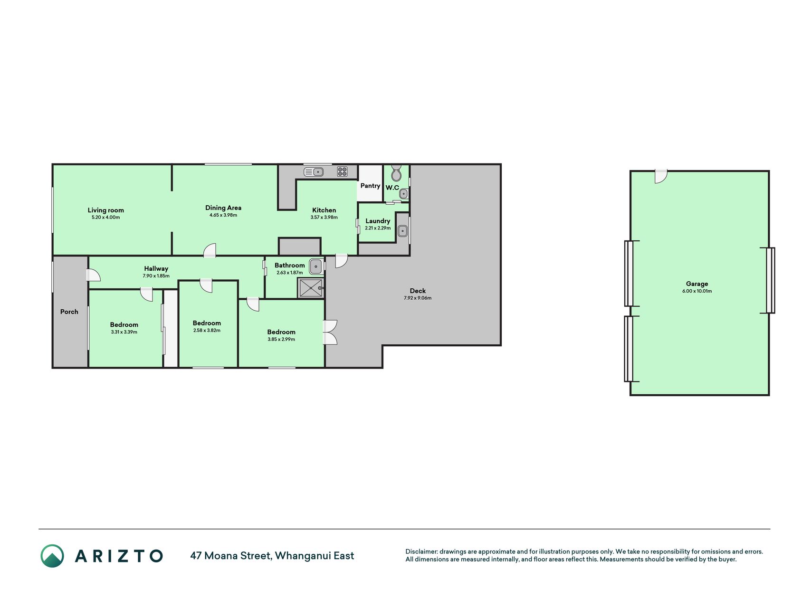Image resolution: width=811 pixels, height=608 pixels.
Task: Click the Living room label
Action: click(105, 210)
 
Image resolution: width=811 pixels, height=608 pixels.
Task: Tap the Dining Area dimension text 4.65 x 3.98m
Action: click(223, 215)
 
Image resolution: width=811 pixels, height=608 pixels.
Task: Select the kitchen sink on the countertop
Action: click(314, 171)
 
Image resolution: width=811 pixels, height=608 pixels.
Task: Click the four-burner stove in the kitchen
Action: click(342, 171)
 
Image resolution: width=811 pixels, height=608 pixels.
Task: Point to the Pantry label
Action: click(370, 186)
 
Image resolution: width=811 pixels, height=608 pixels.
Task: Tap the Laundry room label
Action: click(378, 221)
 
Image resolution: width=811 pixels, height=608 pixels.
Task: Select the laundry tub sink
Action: click(402, 231)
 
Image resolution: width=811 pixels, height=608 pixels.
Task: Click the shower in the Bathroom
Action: click(311, 288)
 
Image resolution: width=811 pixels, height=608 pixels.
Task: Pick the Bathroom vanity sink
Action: click(316, 266)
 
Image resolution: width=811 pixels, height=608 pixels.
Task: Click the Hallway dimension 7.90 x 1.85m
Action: click(156, 276)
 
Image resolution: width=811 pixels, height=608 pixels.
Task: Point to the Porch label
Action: click(69, 312)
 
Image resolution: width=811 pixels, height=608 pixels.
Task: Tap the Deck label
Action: click(418, 291)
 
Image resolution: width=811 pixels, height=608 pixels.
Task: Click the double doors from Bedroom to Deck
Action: click(330, 332)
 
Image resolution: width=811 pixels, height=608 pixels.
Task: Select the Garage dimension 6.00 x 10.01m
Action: click(697, 291)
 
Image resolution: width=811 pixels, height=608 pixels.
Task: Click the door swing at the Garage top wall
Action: click(661, 176)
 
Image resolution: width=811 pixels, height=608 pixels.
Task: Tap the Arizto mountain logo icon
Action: click(52, 556)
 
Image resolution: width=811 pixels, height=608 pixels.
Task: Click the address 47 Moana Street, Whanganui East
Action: click(272, 556)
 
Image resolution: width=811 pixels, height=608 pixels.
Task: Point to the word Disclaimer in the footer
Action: click(421, 551)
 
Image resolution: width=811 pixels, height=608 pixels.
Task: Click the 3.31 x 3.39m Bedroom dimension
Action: click(124, 332)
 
